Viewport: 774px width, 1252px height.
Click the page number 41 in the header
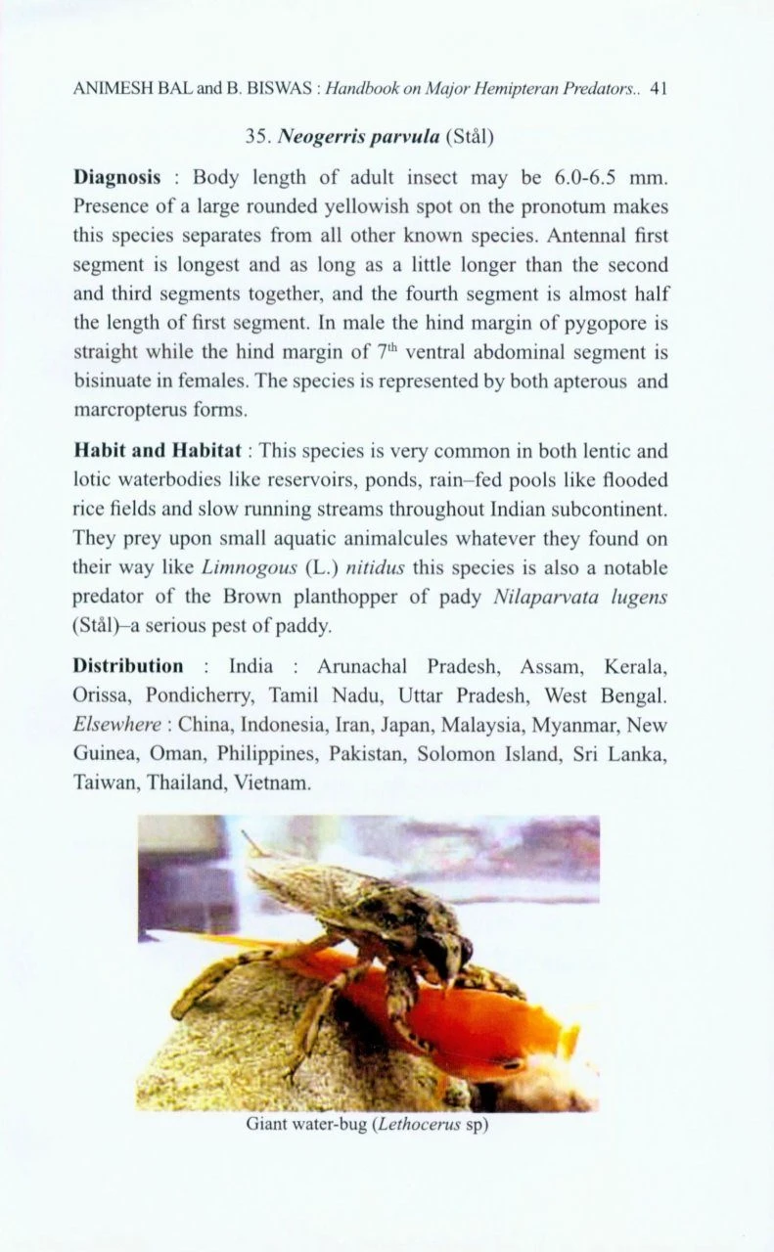tap(658, 89)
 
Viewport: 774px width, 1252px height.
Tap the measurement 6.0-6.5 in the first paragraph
tap(586, 177)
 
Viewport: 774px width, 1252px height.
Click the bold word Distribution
tap(128, 666)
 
